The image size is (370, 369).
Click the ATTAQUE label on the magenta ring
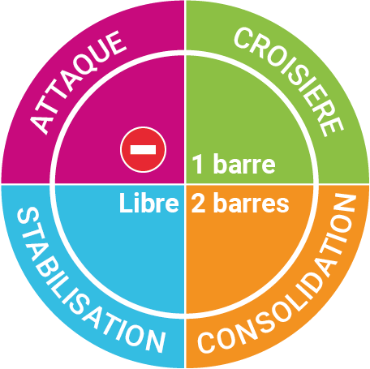point(77,82)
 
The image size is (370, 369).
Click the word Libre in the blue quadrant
point(149,203)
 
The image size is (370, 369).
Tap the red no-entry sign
point(143,149)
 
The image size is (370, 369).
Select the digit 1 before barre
point(197,164)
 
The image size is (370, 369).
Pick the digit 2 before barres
point(199,203)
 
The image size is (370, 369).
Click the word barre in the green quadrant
point(244,164)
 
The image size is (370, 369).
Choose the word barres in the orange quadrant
point(252,203)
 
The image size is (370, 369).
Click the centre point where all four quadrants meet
point(185,184)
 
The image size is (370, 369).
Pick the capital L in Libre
point(125,203)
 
